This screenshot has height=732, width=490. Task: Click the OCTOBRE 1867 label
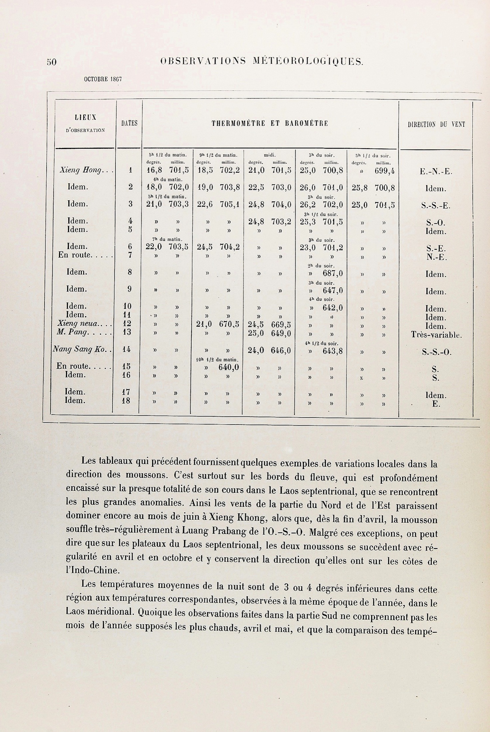click(x=103, y=80)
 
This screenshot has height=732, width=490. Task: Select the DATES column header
click(x=129, y=123)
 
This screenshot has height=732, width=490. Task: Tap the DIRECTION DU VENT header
click(x=436, y=124)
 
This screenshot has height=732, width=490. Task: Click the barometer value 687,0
click(x=333, y=274)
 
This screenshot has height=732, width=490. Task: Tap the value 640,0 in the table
click(x=229, y=368)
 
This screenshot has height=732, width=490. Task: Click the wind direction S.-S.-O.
click(x=436, y=352)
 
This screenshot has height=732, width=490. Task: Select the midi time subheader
click(x=269, y=155)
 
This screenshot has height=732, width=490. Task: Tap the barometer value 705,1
click(x=229, y=204)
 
